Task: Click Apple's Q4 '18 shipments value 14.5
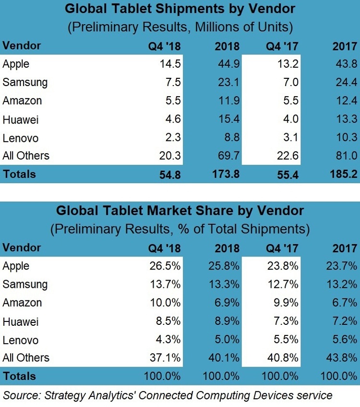point(170,64)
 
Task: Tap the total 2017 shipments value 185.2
point(344,174)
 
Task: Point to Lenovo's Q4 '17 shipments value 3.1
point(290,137)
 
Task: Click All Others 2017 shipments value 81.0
point(347,156)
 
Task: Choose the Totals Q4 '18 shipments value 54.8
point(170,174)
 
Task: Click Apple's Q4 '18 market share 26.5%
point(165,266)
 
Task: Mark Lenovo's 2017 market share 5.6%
point(345,340)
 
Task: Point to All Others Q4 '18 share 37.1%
point(165,358)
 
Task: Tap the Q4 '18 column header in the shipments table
point(164,46)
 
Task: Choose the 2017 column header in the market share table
point(345,248)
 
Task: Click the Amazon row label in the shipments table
point(22,101)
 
